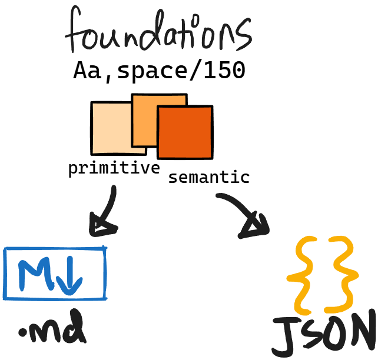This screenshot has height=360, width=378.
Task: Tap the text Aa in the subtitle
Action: point(86,71)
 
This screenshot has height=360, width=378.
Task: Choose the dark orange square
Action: point(185,132)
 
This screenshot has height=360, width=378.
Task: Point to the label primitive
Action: point(114,169)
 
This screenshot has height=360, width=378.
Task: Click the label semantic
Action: point(208,178)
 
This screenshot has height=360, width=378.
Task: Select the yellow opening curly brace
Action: point(304,275)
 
